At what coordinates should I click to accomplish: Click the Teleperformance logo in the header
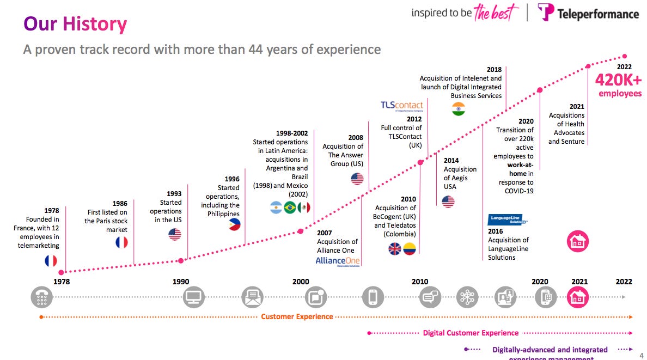tap(588, 13)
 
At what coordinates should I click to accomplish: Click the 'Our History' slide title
tap(75, 24)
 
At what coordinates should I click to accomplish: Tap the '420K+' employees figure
tap(618, 80)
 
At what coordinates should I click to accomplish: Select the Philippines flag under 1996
tap(234, 224)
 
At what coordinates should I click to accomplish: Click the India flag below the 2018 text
tap(459, 109)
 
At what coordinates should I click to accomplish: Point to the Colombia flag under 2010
tap(410, 249)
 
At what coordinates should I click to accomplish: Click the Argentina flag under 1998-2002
tap(276, 208)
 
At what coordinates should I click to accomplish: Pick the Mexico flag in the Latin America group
tap(304, 208)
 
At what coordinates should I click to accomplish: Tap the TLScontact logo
tap(401, 106)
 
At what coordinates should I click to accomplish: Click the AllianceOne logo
tap(338, 262)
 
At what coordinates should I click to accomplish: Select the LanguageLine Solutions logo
tap(508, 220)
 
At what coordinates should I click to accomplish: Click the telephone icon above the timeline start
tap(41, 297)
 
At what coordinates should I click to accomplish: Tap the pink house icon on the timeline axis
tap(578, 297)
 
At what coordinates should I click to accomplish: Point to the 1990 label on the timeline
tap(181, 282)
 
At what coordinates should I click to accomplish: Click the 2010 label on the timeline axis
tap(419, 282)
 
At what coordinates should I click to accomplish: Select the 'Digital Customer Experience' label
tap(471, 333)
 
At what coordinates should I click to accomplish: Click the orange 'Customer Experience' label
tap(297, 316)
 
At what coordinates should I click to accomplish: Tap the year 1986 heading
tap(120, 204)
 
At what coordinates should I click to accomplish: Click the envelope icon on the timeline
tap(252, 297)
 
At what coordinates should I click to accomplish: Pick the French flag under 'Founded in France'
tap(51, 261)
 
